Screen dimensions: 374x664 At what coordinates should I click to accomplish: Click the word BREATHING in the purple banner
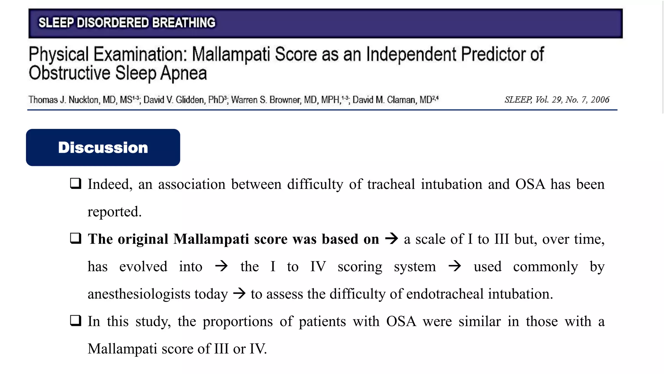click(184, 23)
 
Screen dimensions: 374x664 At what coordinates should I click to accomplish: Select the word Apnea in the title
click(184, 73)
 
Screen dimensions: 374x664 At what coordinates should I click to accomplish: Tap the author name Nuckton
click(84, 100)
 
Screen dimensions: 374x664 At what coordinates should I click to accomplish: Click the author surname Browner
click(285, 100)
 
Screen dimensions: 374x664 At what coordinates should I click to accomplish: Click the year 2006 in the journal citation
click(600, 100)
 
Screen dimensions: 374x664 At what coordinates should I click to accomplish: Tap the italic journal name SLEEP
click(518, 100)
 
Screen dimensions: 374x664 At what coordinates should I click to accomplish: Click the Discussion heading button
click(103, 147)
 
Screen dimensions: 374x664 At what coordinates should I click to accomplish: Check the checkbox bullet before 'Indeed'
click(76, 183)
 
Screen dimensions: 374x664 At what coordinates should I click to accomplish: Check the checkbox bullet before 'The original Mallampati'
click(76, 238)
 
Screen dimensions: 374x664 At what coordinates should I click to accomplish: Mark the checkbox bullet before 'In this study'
click(76, 320)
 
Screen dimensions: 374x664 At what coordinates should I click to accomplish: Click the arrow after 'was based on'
click(391, 239)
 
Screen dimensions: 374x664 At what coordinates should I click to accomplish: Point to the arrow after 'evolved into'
click(221, 266)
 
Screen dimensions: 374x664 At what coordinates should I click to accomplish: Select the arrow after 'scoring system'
click(455, 266)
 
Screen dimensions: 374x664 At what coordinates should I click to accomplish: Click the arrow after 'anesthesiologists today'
click(239, 293)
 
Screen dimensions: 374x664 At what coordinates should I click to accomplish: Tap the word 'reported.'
click(114, 212)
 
